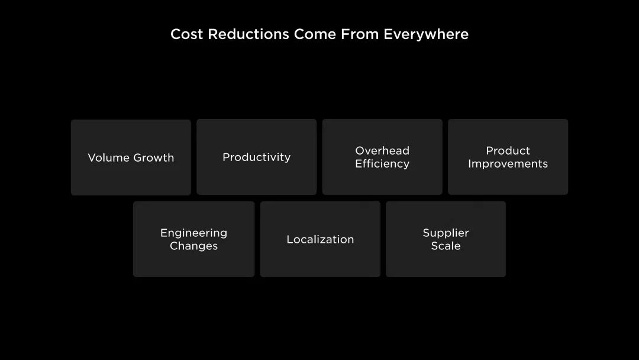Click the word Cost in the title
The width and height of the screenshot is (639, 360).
pyautogui.click(x=186, y=34)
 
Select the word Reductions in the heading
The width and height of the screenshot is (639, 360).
pyautogui.click(x=248, y=34)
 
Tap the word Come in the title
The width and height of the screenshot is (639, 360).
pyautogui.click(x=315, y=34)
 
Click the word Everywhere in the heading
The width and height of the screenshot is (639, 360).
pyautogui.click(x=426, y=34)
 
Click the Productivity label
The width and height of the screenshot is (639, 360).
pyautogui.click(x=257, y=157)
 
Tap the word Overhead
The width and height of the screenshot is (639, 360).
pyautogui.click(x=382, y=150)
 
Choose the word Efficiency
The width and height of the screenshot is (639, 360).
pyautogui.click(x=382, y=163)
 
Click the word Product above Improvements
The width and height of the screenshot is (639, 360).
pyautogui.click(x=508, y=150)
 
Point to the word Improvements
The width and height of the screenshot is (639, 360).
pyautogui.click(x=508, y=163)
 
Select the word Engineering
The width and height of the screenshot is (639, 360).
pyautogui.click(x=193, y=233)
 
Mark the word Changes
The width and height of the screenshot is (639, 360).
pyautogui.click(x=193, y=246)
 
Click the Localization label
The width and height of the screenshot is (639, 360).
pyautogui.click(x=320, y=239)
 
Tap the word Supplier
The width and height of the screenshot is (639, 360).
pyautogui.click(x=446, y=233)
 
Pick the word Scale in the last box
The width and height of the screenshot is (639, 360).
pyautogui.click(x=446, y=246)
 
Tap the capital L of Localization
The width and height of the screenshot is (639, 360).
pyautogui.click(x=290, y=239)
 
